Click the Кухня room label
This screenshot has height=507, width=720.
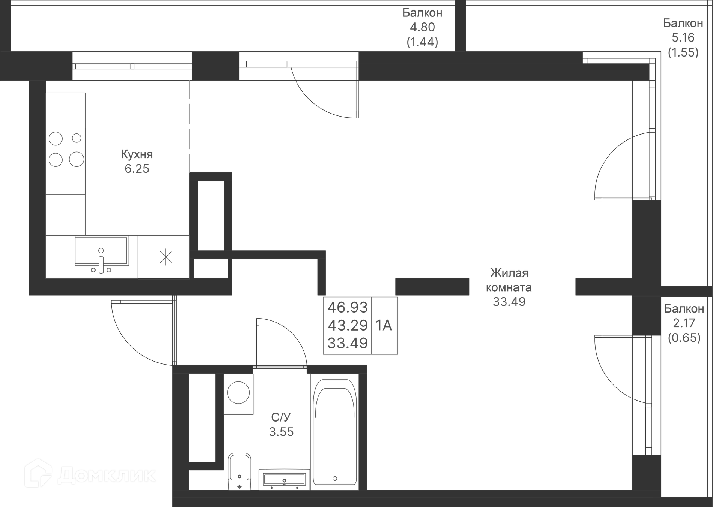click(136, 154)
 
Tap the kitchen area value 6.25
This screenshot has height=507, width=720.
click(136, 169)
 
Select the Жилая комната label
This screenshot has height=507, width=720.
click(508, 280)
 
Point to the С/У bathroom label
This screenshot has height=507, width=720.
click(281, 417)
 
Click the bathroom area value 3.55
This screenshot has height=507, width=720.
click(281, 432)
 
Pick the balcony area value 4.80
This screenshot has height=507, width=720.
click(422, 27)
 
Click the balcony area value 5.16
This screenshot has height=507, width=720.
click(683, 37)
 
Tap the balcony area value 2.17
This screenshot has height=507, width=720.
click(684, 323)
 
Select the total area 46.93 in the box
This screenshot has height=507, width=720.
click(347, 307)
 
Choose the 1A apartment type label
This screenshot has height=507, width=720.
click(384, 325)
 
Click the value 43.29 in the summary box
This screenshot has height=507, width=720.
click(347, 325)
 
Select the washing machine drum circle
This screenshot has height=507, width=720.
click(238, 393)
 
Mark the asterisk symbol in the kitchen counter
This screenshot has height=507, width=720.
click(165, 257)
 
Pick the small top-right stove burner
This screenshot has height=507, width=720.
click(76, 138)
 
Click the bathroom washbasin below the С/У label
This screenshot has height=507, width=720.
click(284, 479)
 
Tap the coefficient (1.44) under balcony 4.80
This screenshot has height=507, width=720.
click(422, 42)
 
